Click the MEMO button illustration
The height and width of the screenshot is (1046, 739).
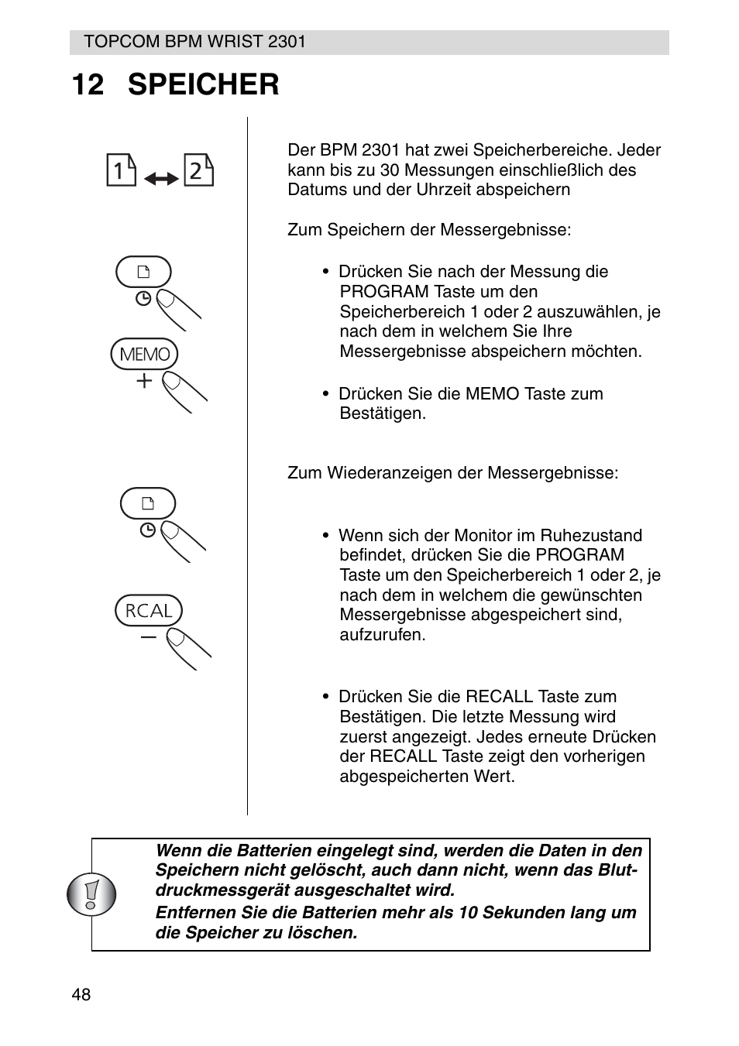144,355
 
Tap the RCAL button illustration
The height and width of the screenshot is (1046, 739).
149,611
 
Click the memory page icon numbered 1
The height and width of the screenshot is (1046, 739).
121,170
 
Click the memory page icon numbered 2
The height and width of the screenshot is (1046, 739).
198,170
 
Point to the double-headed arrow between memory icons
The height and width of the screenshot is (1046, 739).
160,179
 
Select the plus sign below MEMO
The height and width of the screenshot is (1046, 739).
144,381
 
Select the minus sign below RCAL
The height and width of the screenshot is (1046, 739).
148,637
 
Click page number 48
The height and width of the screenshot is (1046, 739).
81,995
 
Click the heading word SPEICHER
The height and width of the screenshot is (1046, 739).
203,84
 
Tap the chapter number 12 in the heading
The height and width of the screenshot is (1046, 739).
88,84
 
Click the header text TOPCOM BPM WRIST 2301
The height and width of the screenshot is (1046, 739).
194,42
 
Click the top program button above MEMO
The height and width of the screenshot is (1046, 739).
143,272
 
